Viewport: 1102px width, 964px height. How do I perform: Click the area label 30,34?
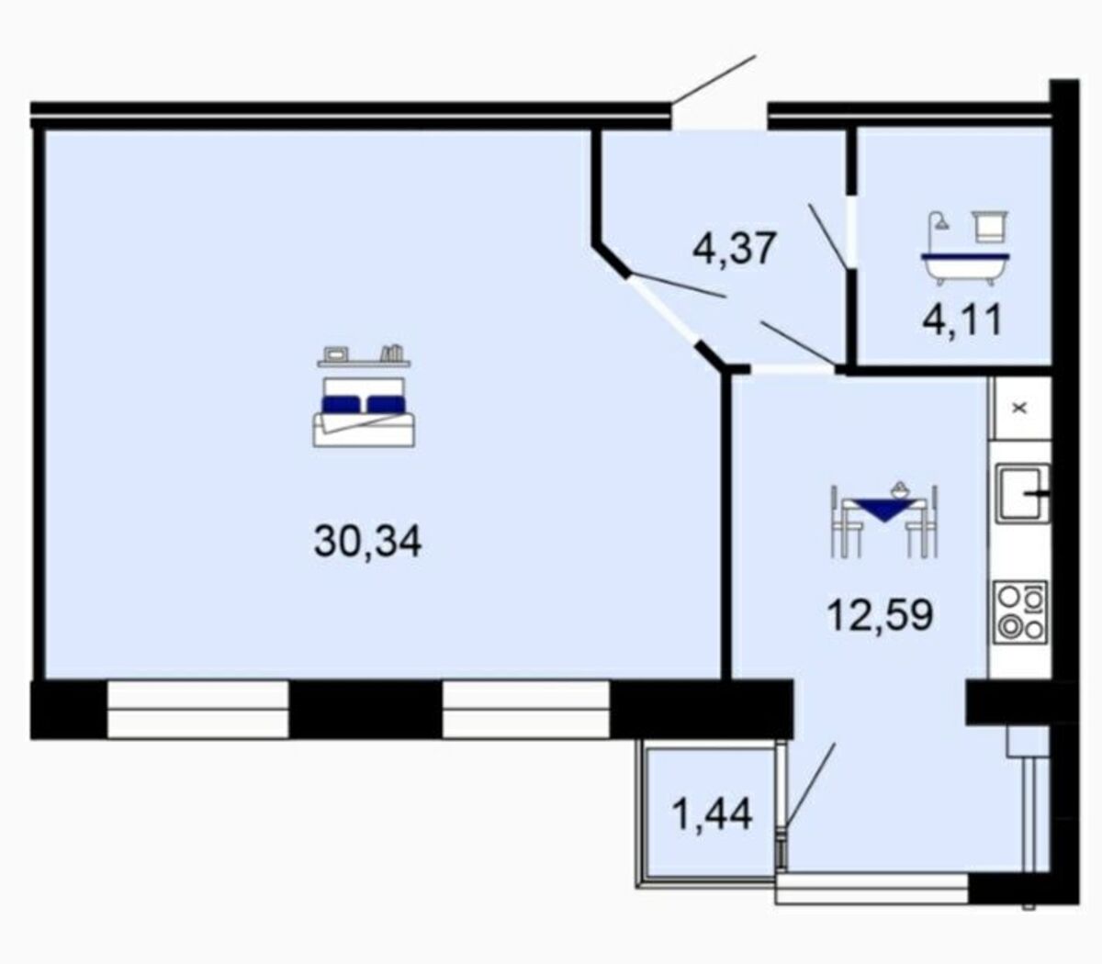tap(368, 543)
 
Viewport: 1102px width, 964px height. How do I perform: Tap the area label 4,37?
tap(736, 248)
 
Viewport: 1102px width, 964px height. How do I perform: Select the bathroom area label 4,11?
tap(961, 319)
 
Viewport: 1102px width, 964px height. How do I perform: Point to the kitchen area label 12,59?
tap(880, 615)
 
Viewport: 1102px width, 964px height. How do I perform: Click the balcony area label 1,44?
tap(712, 814)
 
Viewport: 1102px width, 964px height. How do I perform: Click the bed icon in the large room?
tap(364, 412)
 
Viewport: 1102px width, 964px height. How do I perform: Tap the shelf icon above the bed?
tap(364, 355)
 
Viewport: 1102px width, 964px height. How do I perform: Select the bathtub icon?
tap(964, 269)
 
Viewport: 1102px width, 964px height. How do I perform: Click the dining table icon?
tap(883, 521)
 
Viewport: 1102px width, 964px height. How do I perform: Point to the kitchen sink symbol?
tap(1022, 493)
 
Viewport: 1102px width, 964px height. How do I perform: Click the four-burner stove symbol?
tap(1022, 612)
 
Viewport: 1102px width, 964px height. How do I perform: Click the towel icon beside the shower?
tap(990, 227)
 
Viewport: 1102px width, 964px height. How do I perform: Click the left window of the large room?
tap(198, 710)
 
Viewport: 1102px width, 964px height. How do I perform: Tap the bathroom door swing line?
tap(827, 235)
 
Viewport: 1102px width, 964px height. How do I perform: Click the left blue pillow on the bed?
tap(341, 404)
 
